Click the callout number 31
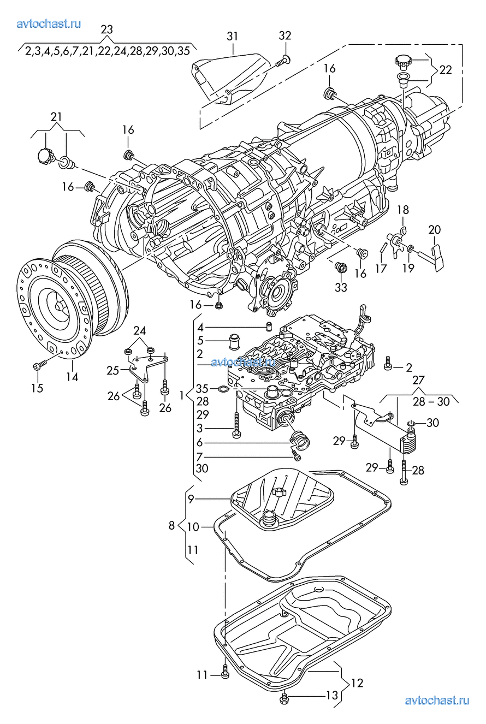[x=232, y=37]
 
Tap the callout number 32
[x=285, y=35]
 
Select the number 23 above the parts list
[x=106, y=29]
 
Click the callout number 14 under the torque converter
[x=72, y=377]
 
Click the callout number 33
[x=341, y=287]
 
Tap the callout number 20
[x=435, y=230]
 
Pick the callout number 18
[x=403, y=210]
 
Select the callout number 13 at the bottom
[x=332, y=695]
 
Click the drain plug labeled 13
[x=284, y=697]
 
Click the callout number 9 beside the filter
[x=191, y=500]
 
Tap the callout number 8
[x=171, y=525]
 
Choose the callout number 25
[x=113, y=371]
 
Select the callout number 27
[x=418, y=380]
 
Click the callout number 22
[x=446, y=70]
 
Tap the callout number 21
[x=56, y=116]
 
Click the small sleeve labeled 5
[x=234, y=341]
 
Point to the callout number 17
[x=381, y=268]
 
